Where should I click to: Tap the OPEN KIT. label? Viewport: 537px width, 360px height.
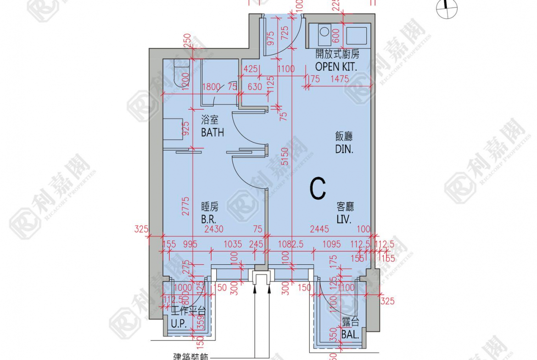click(x=336, y=66)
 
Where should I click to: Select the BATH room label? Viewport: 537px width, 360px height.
click(x=213, y=132)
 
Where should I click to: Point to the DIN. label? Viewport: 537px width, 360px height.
click(x=344, y=149)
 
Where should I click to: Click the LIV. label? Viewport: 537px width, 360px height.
click(x=344, y=219)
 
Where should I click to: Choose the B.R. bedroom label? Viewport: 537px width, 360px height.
click(x=209, y=219)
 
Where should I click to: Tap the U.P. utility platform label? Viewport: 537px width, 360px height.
click(x=178, y=323)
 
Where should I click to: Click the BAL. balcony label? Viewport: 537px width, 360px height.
click(x=350, y=335)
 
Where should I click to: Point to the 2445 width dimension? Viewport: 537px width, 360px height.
click(x=319, y=229)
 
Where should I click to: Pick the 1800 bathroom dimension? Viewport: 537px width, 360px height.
click(x=212, y=86)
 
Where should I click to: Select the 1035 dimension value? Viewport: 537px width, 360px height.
click(x=233, y=244)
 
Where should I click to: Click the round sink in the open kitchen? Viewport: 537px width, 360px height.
click(x=324, y=32)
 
